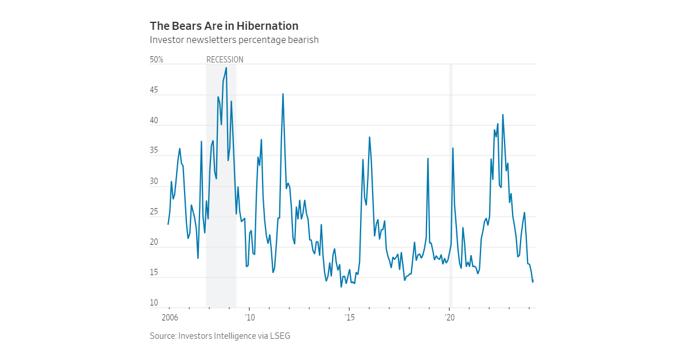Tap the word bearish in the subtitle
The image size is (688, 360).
coord(302,40)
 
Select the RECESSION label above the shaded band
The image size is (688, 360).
coord(225,60)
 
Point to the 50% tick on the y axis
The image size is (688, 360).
coord(157,60)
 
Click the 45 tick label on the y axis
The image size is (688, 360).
coord(154,91)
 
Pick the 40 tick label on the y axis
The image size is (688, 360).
coord(154,121)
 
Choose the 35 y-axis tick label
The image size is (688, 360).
coord(154,151)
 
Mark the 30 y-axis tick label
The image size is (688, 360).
coord(154,182)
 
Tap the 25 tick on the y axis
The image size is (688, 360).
coord(154,212)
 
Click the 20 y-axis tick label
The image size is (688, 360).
coord(154,242)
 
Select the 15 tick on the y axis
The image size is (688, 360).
coord(154,273)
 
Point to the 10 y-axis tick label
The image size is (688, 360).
coord(154,303)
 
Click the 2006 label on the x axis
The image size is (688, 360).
coord(170,317)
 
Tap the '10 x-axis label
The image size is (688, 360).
coord(249,317)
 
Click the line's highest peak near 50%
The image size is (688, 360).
coord(226,68)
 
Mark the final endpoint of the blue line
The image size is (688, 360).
coord(533,281)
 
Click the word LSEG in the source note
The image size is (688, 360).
coord(281,336)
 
